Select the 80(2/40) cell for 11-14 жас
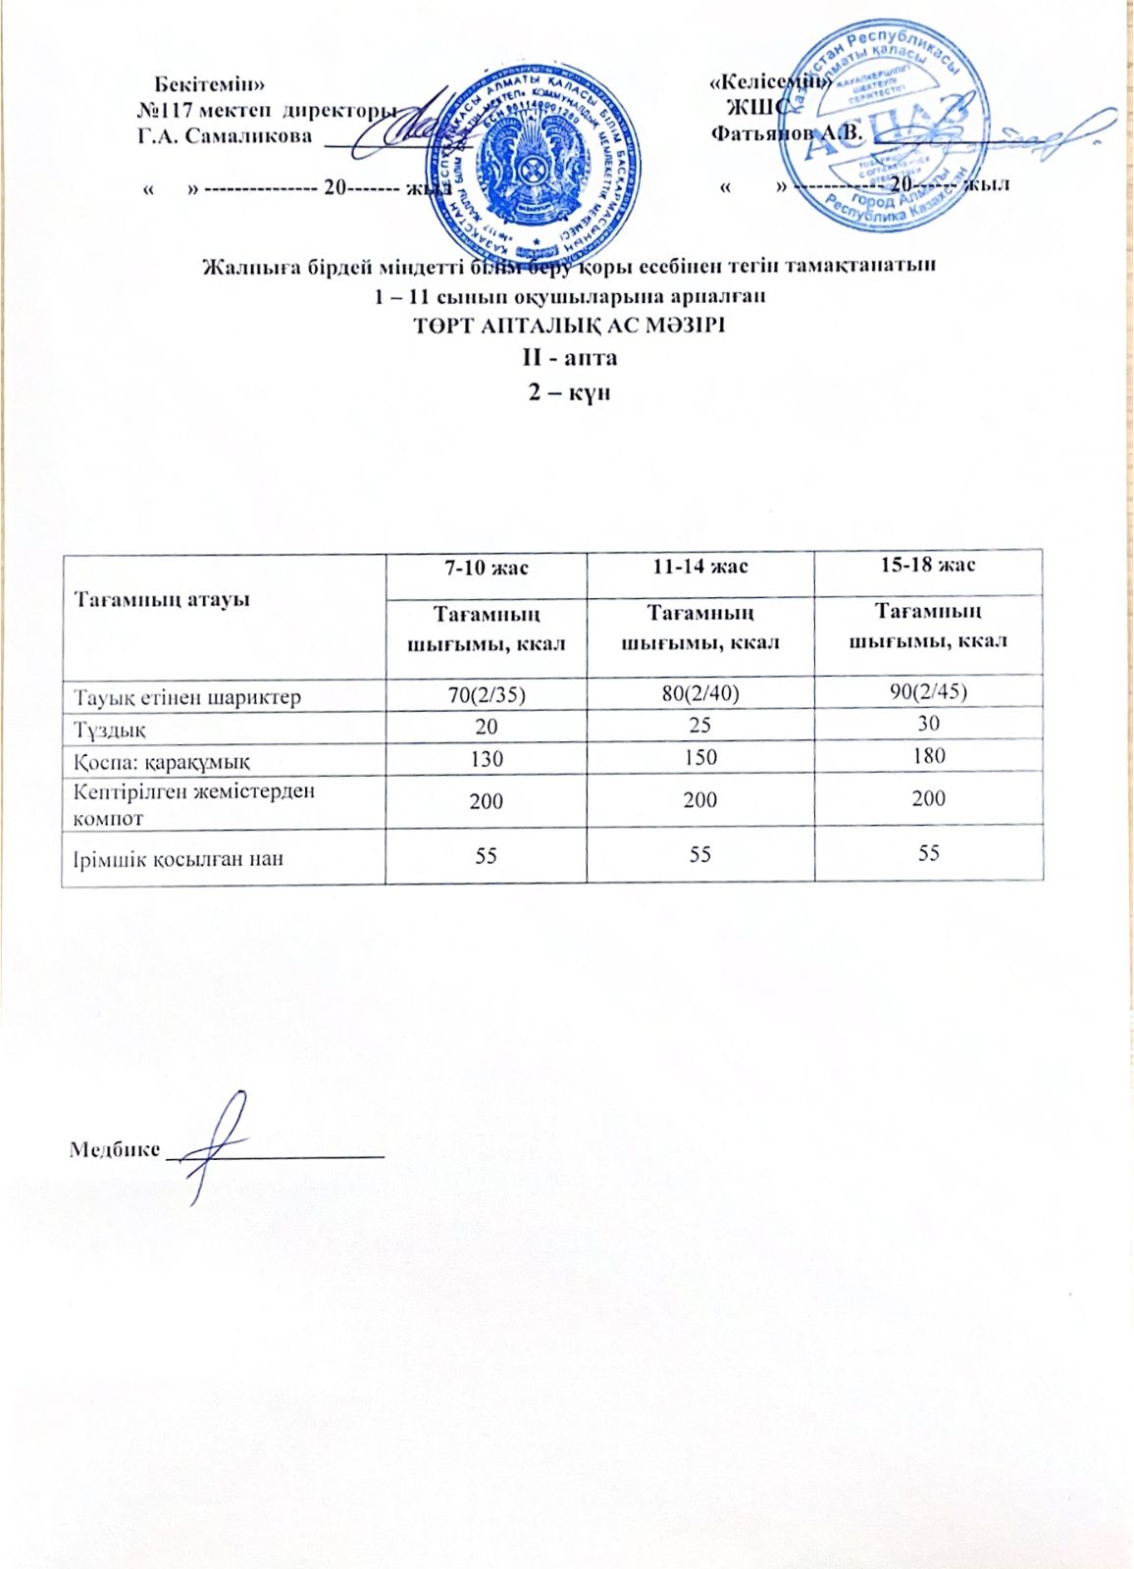tap(699, 693)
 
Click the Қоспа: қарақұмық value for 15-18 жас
tap(928, 755)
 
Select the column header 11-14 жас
tap(699, 567)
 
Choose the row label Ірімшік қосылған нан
tap(178, 859)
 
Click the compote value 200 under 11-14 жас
tap(699, 800)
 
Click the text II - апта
tap(570, 358)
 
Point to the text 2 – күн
tap(570, 391)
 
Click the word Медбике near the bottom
tap(114, 1149)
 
